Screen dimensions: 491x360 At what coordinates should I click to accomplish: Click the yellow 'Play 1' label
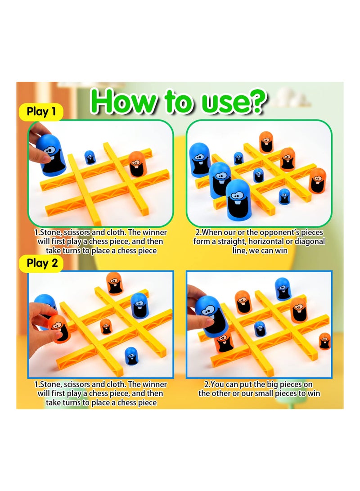(41, 111)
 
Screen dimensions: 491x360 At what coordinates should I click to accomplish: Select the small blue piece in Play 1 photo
(90, 157)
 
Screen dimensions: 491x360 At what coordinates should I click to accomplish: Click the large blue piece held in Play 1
(53, 155)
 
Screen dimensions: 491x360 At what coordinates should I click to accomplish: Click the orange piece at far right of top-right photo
(317, 180)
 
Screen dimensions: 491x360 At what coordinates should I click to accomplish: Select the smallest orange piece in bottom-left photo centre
(106, 326)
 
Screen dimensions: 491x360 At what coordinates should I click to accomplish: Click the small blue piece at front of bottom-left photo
(131, 356)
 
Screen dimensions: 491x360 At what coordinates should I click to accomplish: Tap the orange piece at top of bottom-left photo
(115, 283)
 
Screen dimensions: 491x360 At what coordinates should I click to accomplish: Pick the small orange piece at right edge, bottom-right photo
(324, 341)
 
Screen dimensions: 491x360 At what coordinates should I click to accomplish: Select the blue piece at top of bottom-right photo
(283, 288)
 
